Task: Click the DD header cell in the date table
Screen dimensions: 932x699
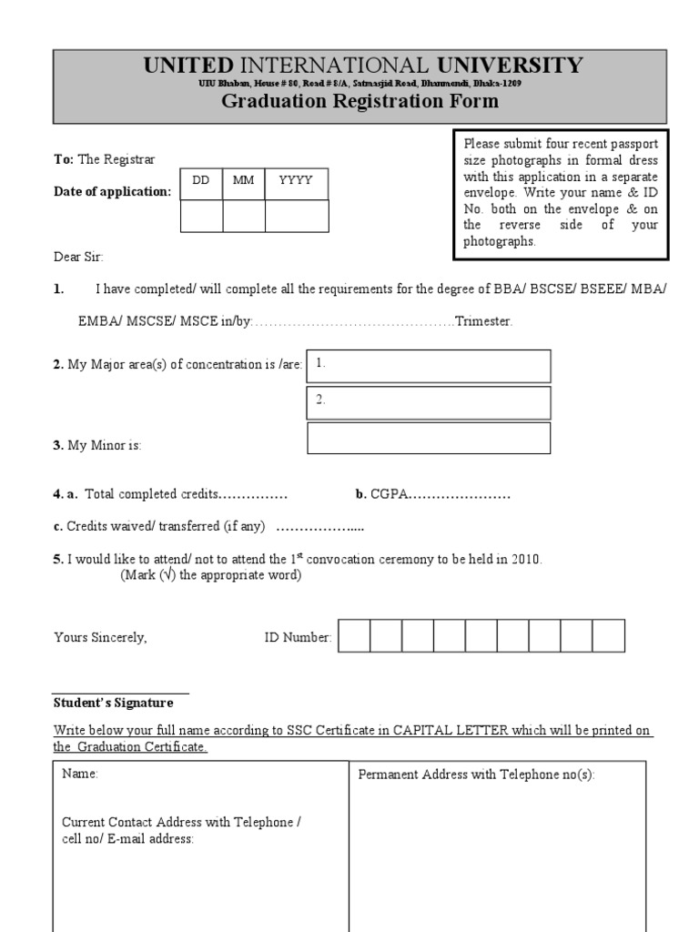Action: [x=201, y=181]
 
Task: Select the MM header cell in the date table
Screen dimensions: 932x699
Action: [x=243, y=181]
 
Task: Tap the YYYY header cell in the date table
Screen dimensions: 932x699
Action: [x=296, y=181]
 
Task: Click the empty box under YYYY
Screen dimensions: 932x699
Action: [x=296, y=217]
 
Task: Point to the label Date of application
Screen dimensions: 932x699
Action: [x=112, y=192]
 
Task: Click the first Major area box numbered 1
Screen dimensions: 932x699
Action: [x=429, y=366]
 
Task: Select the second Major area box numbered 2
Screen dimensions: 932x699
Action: [x=429, y=402]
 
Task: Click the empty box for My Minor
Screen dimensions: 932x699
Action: [x=429, y=438]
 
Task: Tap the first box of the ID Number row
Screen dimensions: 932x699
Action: [x=354, y=636]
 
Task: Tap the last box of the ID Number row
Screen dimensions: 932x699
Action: [x=609, y=636]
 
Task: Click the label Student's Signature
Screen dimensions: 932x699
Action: [x=113, y=704]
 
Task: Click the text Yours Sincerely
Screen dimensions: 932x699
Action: [x=100, y=638]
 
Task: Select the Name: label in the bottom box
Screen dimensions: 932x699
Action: [x=80, y=775]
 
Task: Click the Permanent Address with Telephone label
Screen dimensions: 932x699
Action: [x=476, y=775]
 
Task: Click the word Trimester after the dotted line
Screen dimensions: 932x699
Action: [x=483, y=322]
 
